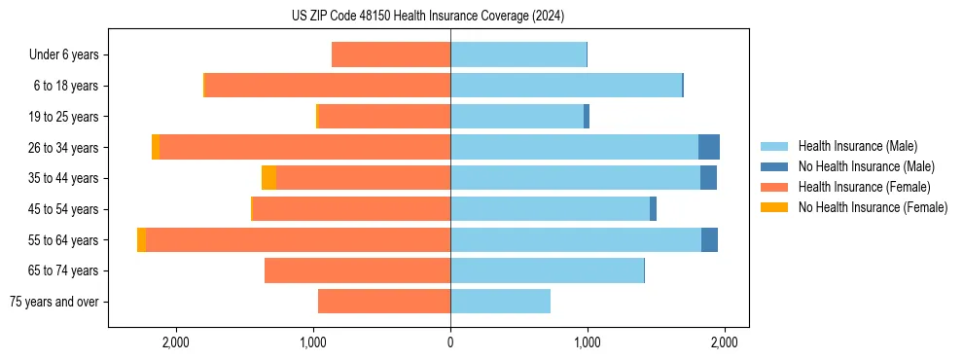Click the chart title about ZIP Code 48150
[428, 17]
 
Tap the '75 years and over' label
[53, 302]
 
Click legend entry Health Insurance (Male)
[857, 146]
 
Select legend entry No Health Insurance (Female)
[873, 207]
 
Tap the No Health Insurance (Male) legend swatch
[774, 166]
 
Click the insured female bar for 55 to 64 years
[298, 240]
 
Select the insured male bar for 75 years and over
[500, 302]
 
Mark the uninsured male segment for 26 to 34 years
[709, 148]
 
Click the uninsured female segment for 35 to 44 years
[268, 178]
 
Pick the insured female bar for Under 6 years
[391, 55]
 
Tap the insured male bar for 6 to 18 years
[566, 86]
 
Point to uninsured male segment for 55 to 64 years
[709, 240]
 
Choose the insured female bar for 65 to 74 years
[357, 270]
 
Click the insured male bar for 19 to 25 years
[517, 117]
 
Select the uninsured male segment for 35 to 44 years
[708, 178]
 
